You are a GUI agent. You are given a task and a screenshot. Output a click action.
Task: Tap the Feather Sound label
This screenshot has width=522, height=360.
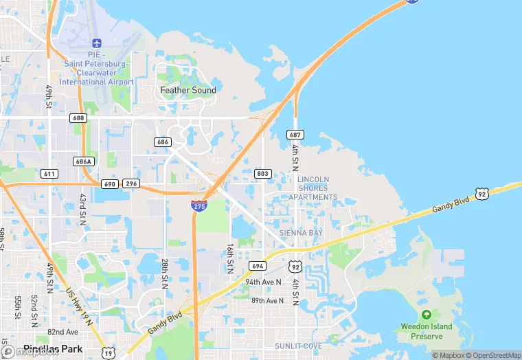(188, 90)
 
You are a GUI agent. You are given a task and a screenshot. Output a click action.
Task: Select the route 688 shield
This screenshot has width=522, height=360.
(78, 118)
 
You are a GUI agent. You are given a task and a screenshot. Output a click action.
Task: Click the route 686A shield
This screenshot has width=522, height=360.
(83, 161)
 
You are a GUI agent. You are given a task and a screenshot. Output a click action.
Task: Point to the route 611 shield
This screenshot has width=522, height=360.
(49, 174)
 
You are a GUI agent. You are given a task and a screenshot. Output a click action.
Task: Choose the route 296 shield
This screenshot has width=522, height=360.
(131, 184)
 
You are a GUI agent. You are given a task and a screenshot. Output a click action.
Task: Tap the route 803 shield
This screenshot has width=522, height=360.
(262, 174)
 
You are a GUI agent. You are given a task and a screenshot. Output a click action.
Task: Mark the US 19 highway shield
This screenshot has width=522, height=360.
(108, 352)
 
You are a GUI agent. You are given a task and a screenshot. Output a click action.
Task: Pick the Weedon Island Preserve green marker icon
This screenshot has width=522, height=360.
(426, 315)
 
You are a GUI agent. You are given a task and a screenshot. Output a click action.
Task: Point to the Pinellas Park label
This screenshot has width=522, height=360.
(53, 349)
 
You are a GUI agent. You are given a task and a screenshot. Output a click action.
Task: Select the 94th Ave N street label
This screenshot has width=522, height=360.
(264, 282)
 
